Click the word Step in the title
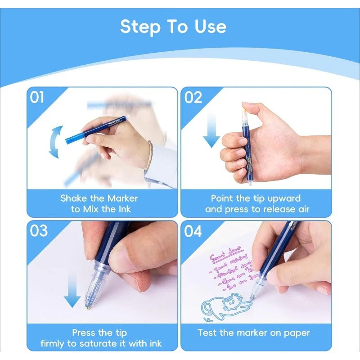coord(139,27)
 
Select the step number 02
coord(193,97)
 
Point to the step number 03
coord(39,230)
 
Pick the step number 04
coord(193,231)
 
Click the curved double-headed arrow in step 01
coord(55,142)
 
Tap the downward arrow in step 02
coord(211,130)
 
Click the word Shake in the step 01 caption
coord(72,198)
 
